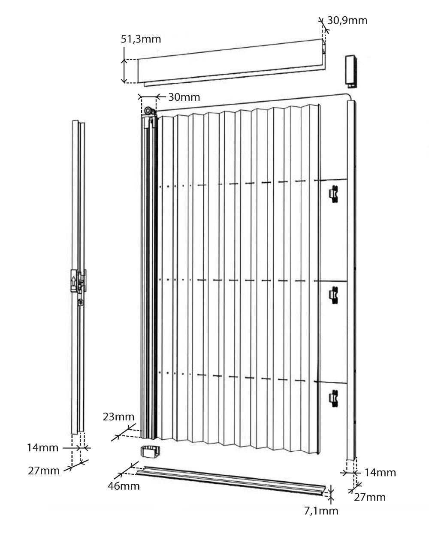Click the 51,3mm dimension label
tap(141, 39)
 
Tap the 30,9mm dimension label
tap(347, 21)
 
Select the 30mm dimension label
tap(184, 97)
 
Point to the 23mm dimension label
tap(118, 416)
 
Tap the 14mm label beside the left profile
tap(42, 448)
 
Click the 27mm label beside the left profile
tap(44, 471)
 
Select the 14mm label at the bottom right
tap(380, 473)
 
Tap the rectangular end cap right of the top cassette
tap(351, 72)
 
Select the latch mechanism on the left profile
tap(79, 284)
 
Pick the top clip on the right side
tap(333, 194)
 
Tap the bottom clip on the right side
tap(333, 398)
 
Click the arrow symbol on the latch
tap(73, 282)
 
